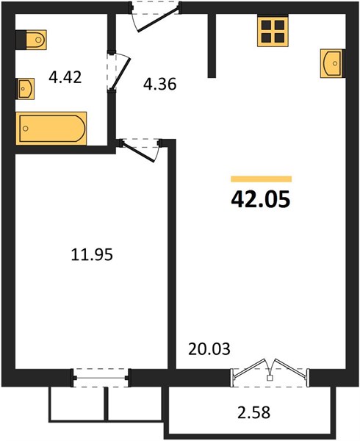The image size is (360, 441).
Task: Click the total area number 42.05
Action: [x=260, y=199]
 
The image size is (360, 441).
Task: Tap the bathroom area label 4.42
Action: [x=65, y=77]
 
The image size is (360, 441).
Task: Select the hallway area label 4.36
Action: [x=160, y=84]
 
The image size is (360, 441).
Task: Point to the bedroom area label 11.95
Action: [x=92, y=254]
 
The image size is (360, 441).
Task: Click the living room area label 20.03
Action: [x=209, y=348]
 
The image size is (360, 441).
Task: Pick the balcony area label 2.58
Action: [x=253, y=412]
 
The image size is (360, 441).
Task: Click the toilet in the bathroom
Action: [x=36, y=40]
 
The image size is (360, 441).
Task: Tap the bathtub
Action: [x=51, y=128]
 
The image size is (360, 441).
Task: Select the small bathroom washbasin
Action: [x=26, y=89]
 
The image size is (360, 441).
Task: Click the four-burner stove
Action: [x=273, y=30]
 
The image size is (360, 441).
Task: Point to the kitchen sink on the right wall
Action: [x=332, y=63]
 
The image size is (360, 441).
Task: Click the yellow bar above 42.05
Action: [x=261, y=179]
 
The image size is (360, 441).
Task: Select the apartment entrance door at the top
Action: [x=156, y=17]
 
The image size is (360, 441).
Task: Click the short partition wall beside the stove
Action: [x=212, y=45]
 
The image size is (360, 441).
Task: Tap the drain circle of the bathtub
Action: [x=25, y=129]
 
